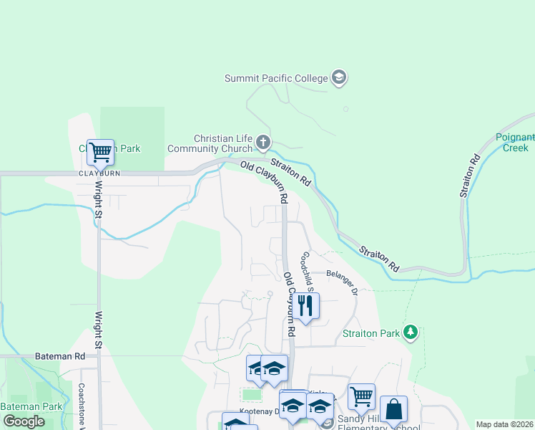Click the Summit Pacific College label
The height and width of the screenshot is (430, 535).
coord(276,78)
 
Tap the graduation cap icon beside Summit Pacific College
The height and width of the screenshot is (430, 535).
coord(339,78)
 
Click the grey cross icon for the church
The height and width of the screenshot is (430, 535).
coord(263,143)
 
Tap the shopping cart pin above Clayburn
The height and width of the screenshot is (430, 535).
coord(100,152)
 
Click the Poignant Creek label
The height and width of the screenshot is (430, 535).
coord(515,143)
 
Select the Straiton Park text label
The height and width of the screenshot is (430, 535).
coord(372,333)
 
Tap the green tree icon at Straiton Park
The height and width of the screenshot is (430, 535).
coord(411,332)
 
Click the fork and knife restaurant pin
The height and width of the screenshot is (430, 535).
coord(305,305)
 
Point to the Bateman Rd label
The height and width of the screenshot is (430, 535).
coord(59,355)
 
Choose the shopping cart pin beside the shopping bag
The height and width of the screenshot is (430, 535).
coord(361,396)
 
